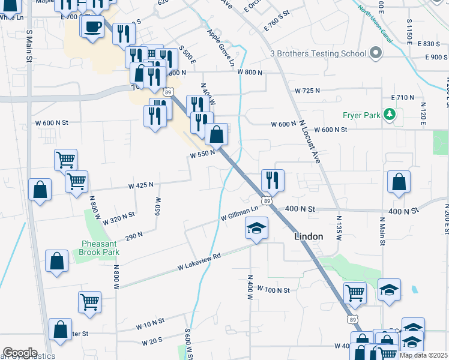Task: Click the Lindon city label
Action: click(309, 236)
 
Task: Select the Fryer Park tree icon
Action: click(390, 113)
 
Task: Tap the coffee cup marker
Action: click(93, 27)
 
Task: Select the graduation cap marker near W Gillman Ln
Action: click(256, 228)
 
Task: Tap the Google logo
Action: click(20, 353)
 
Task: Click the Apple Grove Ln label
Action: click(221, 47)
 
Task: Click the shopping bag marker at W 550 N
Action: click(217, 134)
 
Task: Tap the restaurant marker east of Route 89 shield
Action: click(273, 179)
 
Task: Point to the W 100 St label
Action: click(274, 290)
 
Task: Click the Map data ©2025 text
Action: click(423, 355)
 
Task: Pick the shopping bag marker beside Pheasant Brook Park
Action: click(57, 262)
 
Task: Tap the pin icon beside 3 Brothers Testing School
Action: click(376, 53)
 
